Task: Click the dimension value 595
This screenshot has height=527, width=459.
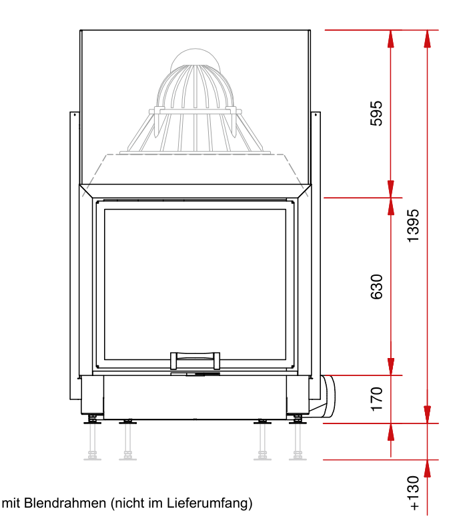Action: tap(376, 114)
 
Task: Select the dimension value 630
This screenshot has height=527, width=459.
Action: tap(376, 287)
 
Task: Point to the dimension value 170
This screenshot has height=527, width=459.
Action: tap(376, 399)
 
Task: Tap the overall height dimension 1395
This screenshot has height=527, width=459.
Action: tap(413, 226)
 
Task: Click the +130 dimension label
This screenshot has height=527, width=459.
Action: tap(414, 493)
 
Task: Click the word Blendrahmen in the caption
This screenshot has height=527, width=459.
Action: tap(65, 503)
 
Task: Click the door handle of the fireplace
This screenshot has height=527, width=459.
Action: tap(195, 360)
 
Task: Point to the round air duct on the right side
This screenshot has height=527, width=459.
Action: tap(327, 396)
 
